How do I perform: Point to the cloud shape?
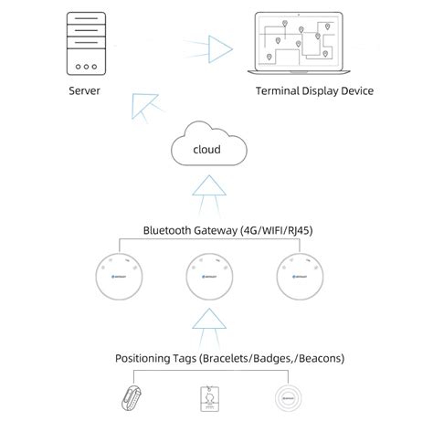pyautogui.click(x=209, y=147)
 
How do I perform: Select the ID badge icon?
pyautogui.click(x=209, y=399)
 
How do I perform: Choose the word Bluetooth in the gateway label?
pyautogui.click(x=168, y=230)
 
